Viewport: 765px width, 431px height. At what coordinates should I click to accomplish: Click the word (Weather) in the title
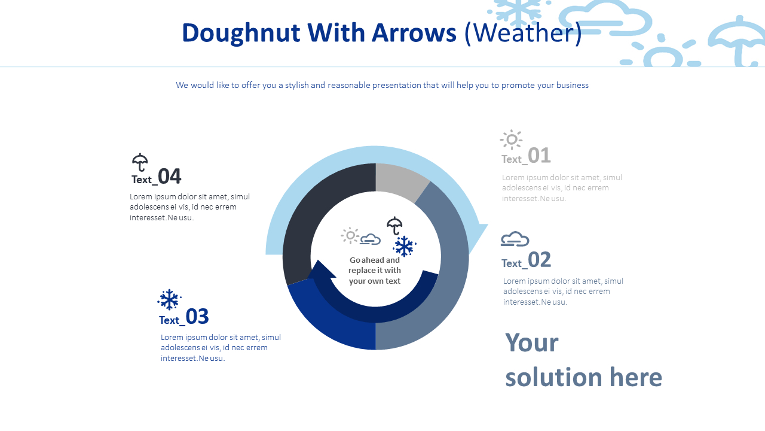pyautogui.click(x=523, y=33)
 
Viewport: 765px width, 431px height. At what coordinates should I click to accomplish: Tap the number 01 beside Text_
pyautogui.click(x=539, y=156)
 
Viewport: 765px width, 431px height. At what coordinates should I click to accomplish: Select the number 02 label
pyautogui.click(x=539, y=260)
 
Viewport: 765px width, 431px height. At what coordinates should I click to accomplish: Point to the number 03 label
pyautogui.click(x=197, y=317)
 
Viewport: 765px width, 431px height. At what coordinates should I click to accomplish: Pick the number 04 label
pyautogui.click(x=170, y=177)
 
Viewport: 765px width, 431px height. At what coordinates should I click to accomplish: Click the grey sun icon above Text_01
pyautogui.click(x=512, y=139)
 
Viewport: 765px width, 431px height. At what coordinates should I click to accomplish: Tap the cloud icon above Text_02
pyautogui.click(x=515, y=239)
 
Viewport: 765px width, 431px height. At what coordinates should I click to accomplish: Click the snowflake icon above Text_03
pyautogui.click(x=169, y=300)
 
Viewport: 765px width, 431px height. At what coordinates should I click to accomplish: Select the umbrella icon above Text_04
pyautogui.click(x=140, y=162)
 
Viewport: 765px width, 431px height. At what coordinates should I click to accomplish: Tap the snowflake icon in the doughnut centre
pyautogui.click(x=405, y=246)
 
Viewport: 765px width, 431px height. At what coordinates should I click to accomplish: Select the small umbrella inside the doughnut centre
pyautogui.click(x=394, y=226)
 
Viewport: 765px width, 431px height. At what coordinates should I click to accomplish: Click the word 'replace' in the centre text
pyautogui.click(x=363, y=271)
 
